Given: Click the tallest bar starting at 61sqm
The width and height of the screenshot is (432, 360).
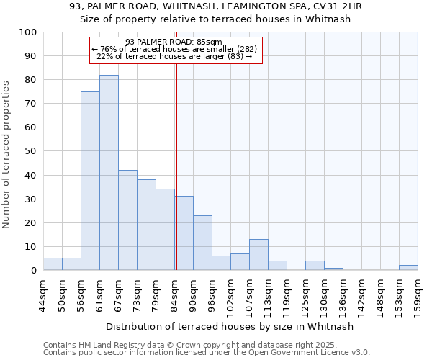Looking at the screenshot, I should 109,173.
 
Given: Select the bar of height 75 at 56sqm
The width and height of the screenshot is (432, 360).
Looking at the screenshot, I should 90,181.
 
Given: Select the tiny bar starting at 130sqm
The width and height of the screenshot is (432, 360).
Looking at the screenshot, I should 333,269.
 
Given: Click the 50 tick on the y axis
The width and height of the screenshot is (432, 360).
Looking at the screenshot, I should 31,151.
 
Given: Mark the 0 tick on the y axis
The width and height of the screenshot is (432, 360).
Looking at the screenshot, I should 34,271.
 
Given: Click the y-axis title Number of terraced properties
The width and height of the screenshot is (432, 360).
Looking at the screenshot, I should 7,154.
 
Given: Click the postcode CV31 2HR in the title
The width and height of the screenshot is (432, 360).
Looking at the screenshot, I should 337,6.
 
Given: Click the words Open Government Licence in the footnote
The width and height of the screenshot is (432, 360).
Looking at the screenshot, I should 312,352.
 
